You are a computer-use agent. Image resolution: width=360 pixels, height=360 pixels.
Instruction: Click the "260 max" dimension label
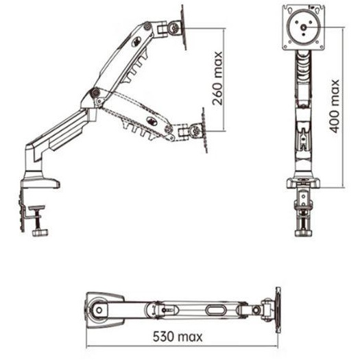click(217, 78)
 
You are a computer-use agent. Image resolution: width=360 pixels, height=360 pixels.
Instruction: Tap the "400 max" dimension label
click(335, 106)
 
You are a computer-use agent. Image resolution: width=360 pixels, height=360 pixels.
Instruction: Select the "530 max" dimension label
click(178, 337)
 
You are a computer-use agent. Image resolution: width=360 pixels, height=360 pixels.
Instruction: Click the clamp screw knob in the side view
click(40, 233)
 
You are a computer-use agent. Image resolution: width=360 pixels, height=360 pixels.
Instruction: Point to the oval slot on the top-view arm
click(215, 310)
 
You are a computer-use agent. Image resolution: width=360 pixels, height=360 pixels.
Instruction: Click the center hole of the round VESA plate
click(304, 27)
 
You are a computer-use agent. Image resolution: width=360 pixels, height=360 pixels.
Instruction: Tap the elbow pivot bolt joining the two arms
click(95, 93)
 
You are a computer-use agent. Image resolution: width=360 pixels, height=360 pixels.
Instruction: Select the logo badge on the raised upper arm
click(136, 42)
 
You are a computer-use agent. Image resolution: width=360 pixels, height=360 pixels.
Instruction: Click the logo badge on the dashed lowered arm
click(152, 120)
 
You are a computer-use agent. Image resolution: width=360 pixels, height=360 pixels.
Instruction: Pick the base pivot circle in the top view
click(99, 310)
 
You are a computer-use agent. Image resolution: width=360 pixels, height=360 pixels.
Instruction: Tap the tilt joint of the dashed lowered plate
click(195, 131)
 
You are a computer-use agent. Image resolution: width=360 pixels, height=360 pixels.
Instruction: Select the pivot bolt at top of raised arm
click(147, 26)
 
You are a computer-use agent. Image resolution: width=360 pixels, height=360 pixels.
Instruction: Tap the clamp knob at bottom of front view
click(303, 234)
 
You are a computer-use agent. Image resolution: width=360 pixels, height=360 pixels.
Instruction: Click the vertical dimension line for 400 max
click(343, 108)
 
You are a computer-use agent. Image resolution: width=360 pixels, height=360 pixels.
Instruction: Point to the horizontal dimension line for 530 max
click(182, 346)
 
